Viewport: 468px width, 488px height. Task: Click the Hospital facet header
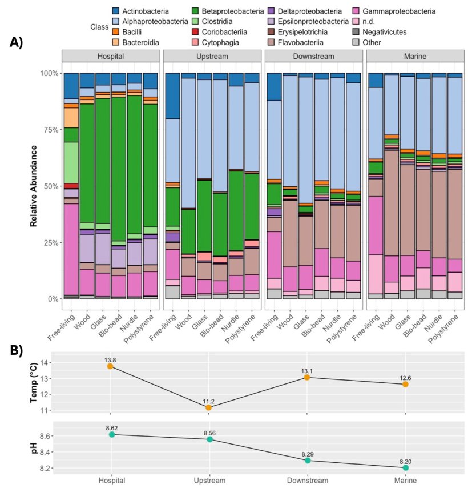pyautogui.click(x=111, y=57)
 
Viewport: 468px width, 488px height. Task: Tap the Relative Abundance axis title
pyautogui.click(x=34, y=186)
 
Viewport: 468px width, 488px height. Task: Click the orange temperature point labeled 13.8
pyautogui.click(x=111, y=366)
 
